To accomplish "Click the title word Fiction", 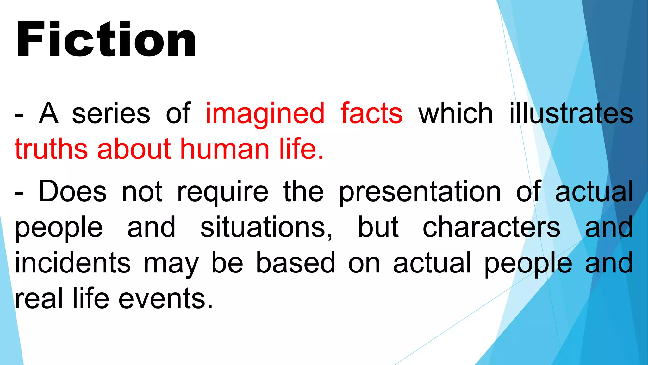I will tap(106, 39).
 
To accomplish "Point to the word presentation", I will tap(420, 192).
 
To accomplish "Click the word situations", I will tap(266, 227).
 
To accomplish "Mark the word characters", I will tap(491, 227).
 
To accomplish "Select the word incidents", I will tap(72, 263).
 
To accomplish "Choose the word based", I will tap(296, 263).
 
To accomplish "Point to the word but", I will tap(378, 227).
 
